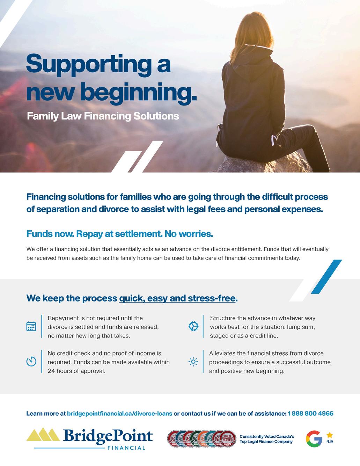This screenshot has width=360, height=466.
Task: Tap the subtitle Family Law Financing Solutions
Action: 103,116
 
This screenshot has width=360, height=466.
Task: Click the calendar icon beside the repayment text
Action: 31,326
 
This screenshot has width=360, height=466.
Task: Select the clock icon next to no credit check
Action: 31,361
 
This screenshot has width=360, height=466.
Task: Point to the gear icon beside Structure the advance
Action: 193,326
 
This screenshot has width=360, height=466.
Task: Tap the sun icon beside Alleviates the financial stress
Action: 193,362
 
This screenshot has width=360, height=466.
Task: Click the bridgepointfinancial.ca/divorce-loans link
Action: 119,414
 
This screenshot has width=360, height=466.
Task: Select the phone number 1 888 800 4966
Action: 310,414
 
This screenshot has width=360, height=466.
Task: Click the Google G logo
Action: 314,439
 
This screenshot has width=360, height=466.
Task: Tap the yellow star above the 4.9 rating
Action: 330,435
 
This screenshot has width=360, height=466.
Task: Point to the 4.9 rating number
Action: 329,442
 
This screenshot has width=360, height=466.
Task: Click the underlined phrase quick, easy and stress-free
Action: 178,299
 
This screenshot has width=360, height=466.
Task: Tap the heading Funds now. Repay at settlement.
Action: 119,234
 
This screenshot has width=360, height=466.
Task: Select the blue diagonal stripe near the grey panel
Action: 326,277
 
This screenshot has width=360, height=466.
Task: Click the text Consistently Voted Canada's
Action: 266,437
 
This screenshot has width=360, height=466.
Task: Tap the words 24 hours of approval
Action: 76,371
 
